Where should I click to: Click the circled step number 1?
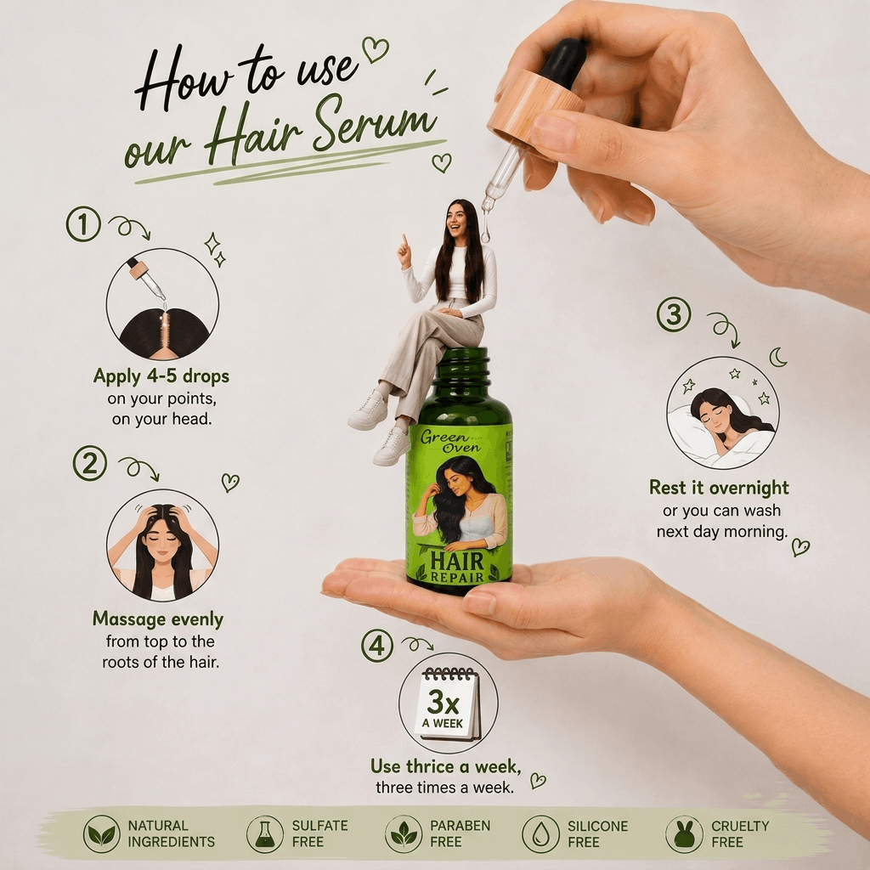pos(83,224)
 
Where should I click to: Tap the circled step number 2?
pos(90,463)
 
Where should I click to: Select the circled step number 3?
pos(674,314)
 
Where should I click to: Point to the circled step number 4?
pos(377,646)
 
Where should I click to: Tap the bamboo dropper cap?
pos(535,106)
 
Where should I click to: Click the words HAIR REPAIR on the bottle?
pos(458,567)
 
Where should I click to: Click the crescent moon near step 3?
pos(778,358)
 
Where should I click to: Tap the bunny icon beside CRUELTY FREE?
pos(684,833)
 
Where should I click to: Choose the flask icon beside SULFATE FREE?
pos(265,833)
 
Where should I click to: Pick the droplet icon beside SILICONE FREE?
pos(540,833)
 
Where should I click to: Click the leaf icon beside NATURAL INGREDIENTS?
pos(102,833)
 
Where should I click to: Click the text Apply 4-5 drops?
pos(161,376)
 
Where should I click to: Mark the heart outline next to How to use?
pos(376,48)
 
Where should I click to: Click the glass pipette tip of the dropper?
pos(486,229)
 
